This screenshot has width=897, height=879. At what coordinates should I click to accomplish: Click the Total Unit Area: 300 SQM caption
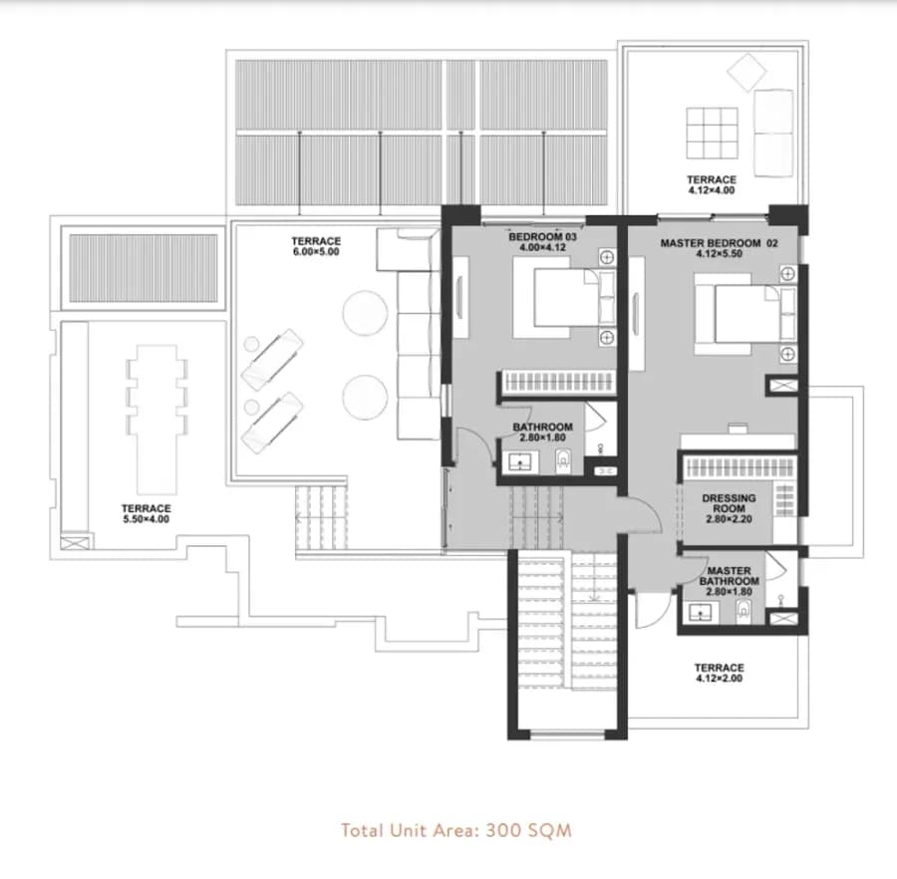pos(455,830)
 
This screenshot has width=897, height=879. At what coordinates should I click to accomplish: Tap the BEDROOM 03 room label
pos(542,237)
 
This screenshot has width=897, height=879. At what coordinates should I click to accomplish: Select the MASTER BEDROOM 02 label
pos(719,243)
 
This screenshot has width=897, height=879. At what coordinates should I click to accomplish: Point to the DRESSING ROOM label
pos(729,503)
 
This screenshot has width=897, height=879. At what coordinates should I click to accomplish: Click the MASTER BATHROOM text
pos(729,576)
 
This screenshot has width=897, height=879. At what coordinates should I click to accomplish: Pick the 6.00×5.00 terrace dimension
pos(316,251)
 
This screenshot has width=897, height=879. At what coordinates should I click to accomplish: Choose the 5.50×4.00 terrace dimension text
pos(146,519)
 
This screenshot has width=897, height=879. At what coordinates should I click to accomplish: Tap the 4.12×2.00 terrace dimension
pos(719,679)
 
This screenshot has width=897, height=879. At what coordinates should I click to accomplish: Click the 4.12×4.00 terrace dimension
pos(711,190)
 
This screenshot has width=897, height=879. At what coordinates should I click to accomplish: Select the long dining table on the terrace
pos(156,420)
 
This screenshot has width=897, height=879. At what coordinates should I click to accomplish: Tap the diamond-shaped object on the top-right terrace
pos(747,72)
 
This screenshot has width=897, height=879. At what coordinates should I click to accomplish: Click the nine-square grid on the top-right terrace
pos(712,133)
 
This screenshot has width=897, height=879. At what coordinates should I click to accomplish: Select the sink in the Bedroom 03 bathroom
pos(520,462)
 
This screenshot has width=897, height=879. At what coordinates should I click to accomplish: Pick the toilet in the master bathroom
pos(744,611)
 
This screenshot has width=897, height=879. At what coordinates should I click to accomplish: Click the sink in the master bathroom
pos(700,613)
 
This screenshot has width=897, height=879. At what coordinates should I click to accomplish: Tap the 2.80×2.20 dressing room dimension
pos(729,519)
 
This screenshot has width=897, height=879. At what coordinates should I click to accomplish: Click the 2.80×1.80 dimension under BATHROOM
pos(542,438)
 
